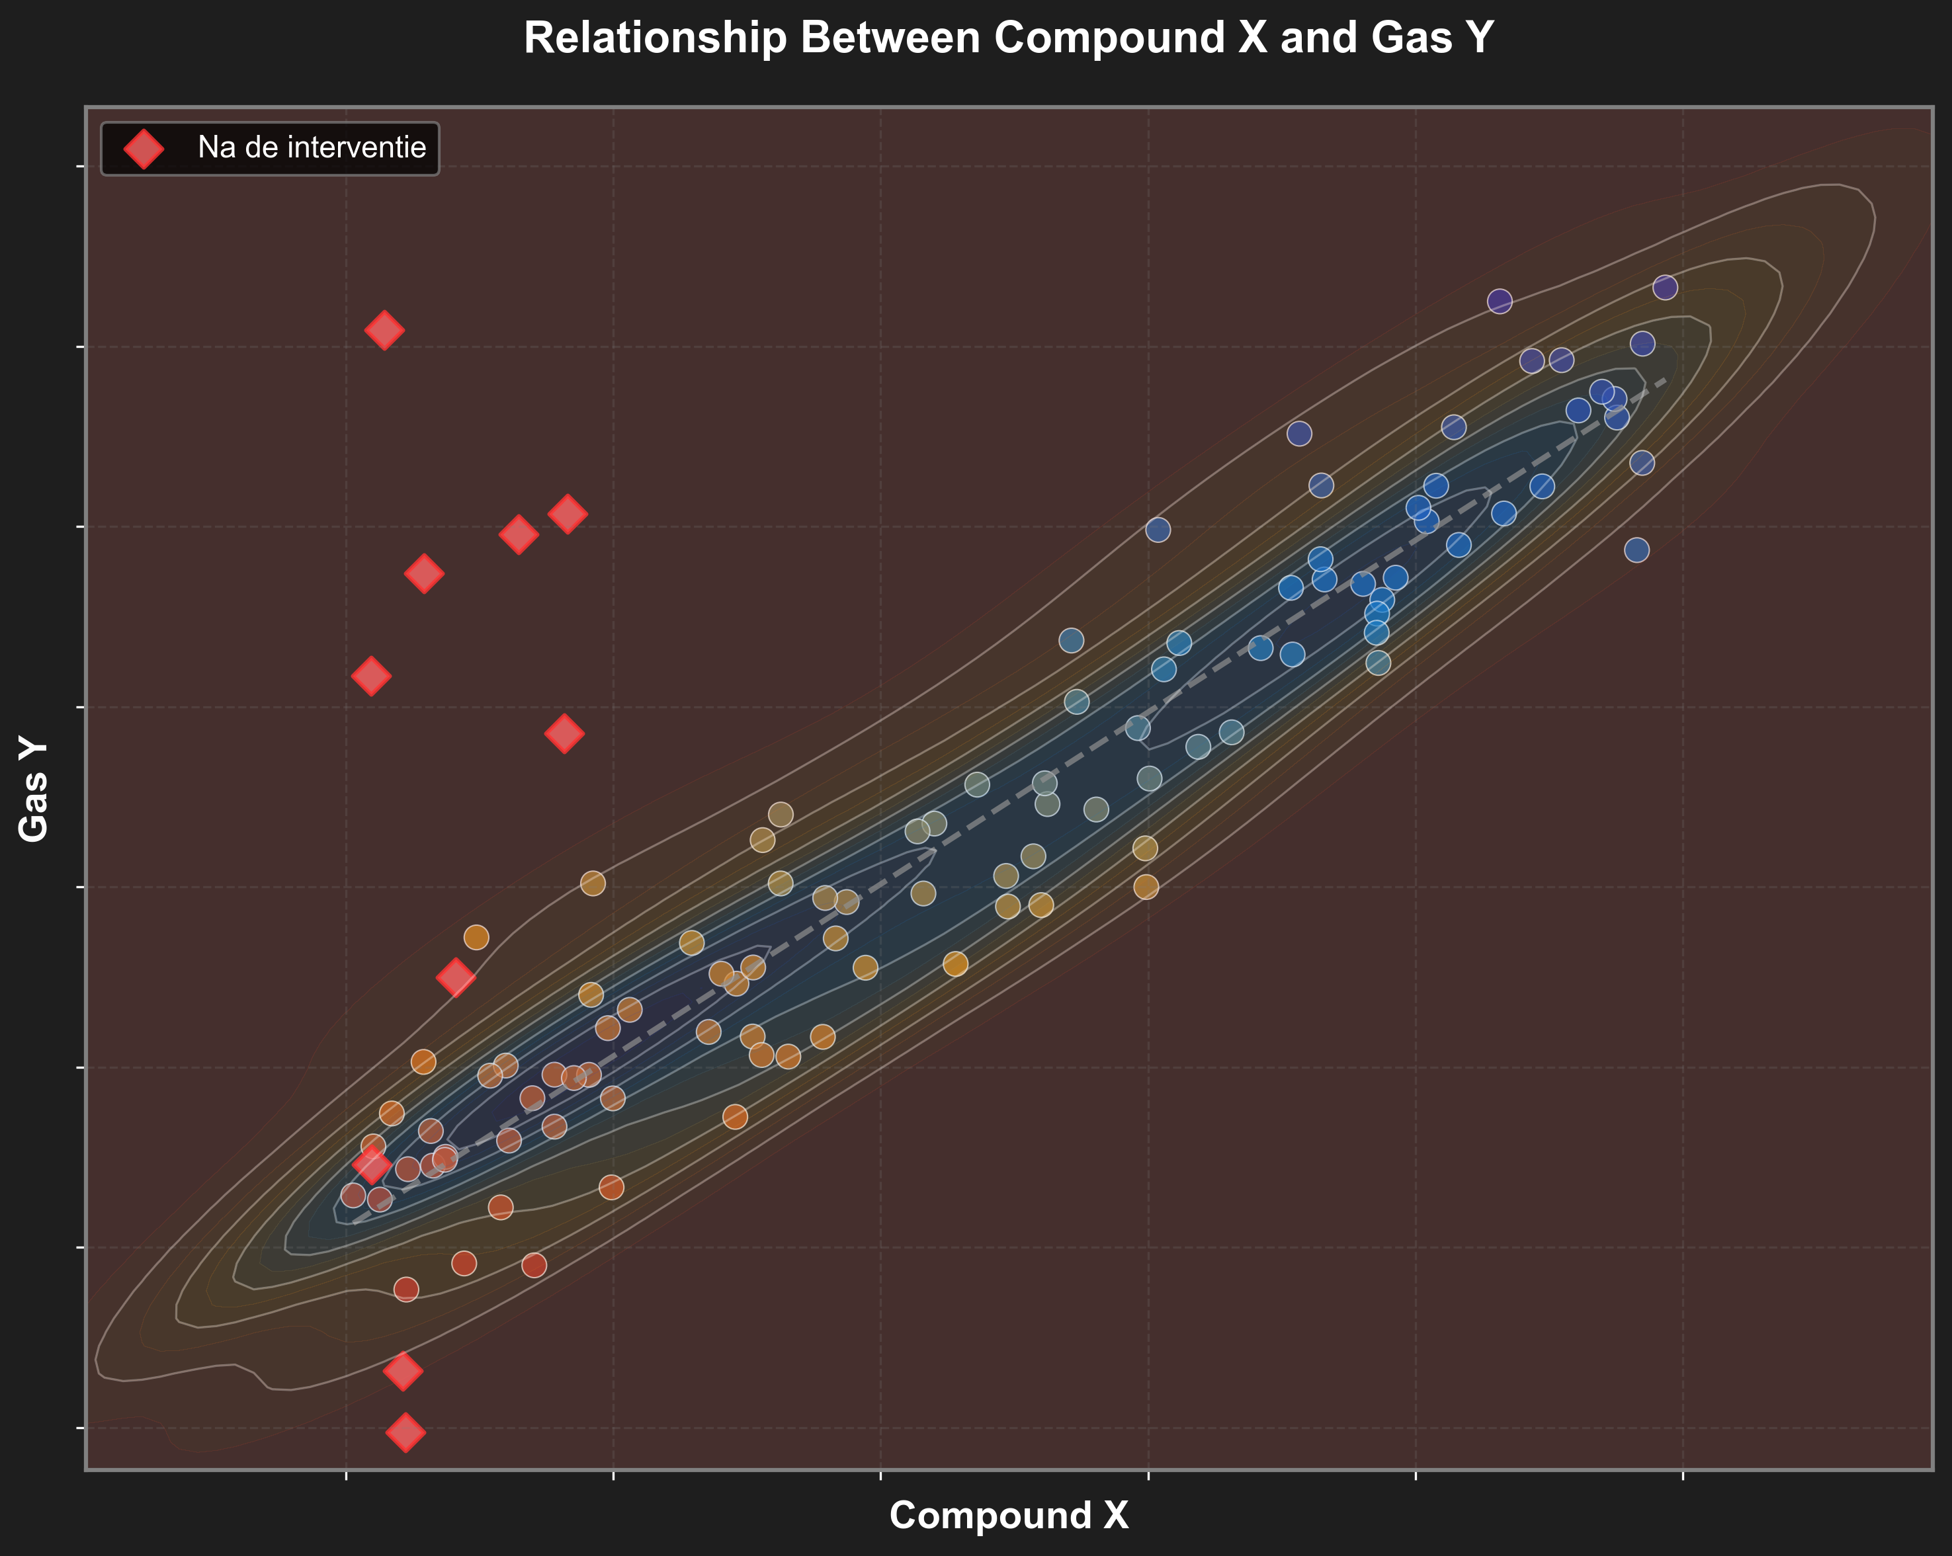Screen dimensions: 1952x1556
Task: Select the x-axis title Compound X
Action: [x=1009, y=1515]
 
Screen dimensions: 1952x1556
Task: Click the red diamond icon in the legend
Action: [x=144, y=148]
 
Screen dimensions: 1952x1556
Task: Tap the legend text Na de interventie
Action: [x=312, y=147]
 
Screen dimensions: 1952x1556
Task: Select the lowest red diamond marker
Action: [x=405, y=1432]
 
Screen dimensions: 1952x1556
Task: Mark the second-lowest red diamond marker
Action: [x=403, y=1372]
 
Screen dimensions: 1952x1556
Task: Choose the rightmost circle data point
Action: [x=1665, y=288]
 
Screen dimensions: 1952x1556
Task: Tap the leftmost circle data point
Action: [x=353, y=1196]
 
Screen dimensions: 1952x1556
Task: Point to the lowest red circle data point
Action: [x=407, y=1289]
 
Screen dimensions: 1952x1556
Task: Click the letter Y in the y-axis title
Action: [x=34, y=749]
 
